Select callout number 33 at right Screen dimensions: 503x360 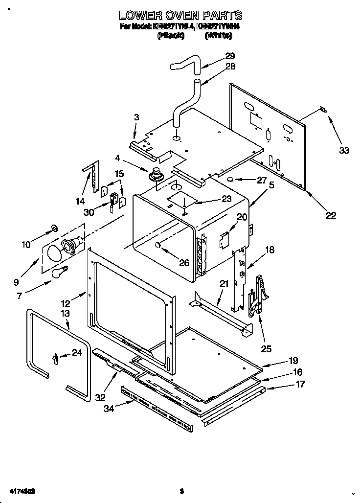(x=344, y=150)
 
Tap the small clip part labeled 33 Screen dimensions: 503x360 (x=322, y=110)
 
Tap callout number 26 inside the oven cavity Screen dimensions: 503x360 (x=183, y=263)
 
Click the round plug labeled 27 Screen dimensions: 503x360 (x=229, y=180)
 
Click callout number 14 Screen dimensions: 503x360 (x=80, y=201)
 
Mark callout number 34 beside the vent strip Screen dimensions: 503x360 (x=108, y=409)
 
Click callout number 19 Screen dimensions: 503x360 (x=293, y=361)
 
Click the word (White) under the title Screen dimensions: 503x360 (x=218, y=35)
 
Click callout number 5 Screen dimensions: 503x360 (x=271, y=185)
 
